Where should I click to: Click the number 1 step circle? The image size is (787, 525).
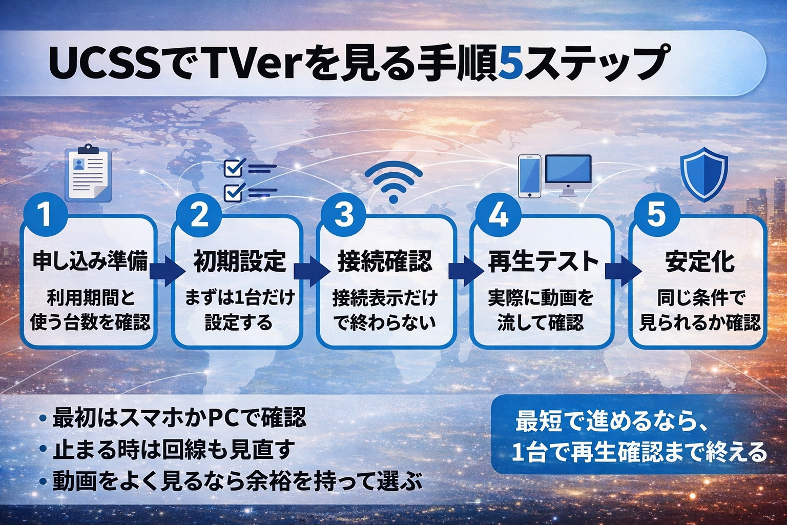[45, 214]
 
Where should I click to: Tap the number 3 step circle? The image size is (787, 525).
[343, 214]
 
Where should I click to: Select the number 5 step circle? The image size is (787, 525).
[656, 214]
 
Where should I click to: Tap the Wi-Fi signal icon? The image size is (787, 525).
[393, 181]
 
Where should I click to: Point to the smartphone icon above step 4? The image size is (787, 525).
[530, 176]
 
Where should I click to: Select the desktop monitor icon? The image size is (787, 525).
[568, 174]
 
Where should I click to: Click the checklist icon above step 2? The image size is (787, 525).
[250, 180]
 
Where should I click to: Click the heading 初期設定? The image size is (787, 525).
[239, 261]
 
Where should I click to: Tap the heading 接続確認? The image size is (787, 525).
[385, 261]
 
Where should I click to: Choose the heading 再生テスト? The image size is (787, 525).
[543, 261]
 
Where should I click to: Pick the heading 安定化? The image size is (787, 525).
[699, 261]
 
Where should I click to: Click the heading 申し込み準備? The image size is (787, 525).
[90, 261]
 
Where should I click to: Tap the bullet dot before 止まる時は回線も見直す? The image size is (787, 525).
[43, 450]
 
